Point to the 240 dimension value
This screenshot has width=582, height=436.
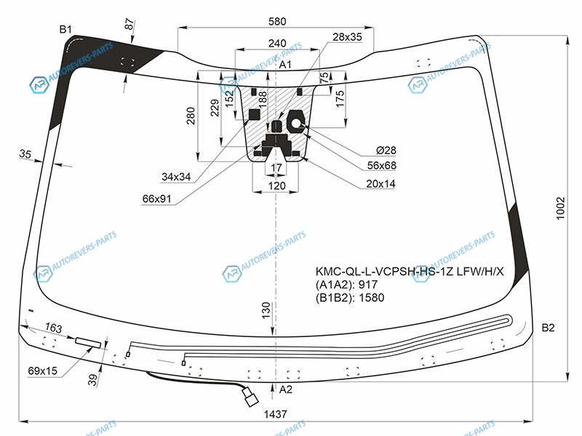(x=276, y=43)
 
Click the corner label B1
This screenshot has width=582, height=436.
(x=65, y=29)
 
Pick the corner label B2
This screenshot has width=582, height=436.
(x=548, y=328)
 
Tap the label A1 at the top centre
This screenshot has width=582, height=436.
(x=285, y=65)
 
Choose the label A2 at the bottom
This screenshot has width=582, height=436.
(x=286, y=389)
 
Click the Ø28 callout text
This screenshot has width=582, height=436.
(x=386, y=150)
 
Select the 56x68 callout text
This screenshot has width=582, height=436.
(x=381, y=165)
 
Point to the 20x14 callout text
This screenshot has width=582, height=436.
(x=380, y=184)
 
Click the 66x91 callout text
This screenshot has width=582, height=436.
(x=158, y=198)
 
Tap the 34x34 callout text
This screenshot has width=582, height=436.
(x=176, y=177)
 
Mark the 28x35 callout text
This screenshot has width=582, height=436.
(x=347, y=36)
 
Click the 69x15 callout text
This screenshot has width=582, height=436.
(x=43, y=371)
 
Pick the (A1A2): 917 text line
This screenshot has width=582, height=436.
(x=349, y=285)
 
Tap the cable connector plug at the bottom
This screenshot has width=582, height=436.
(x=250, y=397)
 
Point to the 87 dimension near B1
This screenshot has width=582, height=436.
(x=129, y=25)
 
